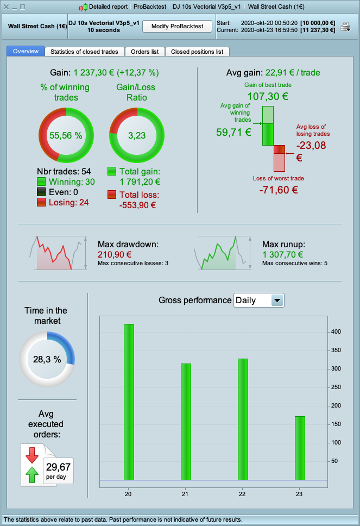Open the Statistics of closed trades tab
[x=84, y=52]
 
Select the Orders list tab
[x=144, y=52]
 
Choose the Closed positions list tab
[x=197, y=52]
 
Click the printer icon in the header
[x=345, y=27]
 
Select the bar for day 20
[x=129, y=402]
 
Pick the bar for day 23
[x=300, y=448]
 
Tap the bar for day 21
[x=186, y=422]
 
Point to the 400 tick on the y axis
[x=336, y=331]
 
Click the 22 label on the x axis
[x=242, y=494]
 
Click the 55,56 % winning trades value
[x=66, y=135]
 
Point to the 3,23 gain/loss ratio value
[x=137, y=135]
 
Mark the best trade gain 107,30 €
[x=268, y=97]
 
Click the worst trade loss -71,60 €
[x=279, y=190]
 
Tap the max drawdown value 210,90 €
[x=115, y=254]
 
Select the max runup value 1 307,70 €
[x=283, y=254]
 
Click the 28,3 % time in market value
[x=47, y=359]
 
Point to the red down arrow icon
[x=32, y=455]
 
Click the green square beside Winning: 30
[x=41, y=182]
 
